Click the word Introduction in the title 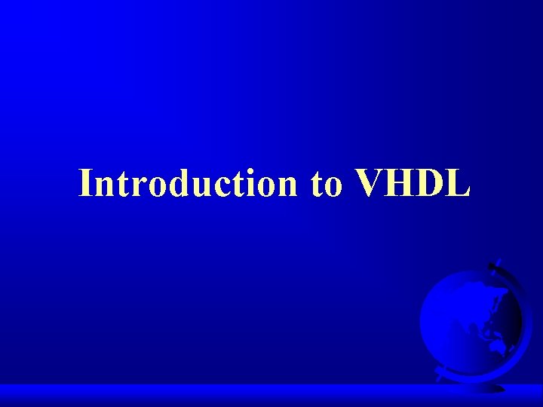click(x=189, y=183)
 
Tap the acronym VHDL click(x=412, y=183)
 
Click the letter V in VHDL click(x=369, y=183)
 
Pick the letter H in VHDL click(x=400, y=183)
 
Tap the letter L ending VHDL click(x=459, y=183)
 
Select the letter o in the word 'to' click(x=333, y=187)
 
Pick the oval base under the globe click(x=483, y=387)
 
